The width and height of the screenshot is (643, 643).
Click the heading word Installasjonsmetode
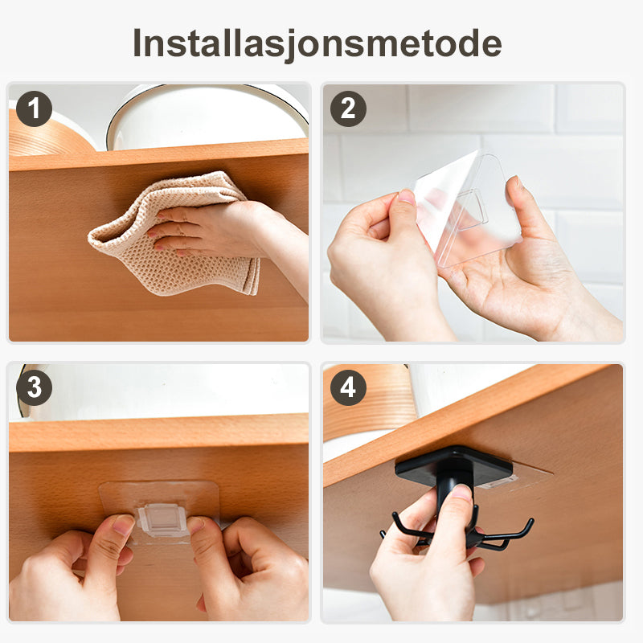(x=317, y=44)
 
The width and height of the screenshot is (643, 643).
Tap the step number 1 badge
(x=34, y=109)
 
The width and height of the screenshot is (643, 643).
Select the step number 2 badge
(x=348, y=109)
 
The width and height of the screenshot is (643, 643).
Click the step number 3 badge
(x=34, y=387)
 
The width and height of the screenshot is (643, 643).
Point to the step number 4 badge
(x=348, y=387)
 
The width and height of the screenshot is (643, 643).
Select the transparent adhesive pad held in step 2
(x=468, y=209)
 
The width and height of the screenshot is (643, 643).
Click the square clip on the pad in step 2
(x=472, y=209)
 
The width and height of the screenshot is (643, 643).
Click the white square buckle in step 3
(x=162, y=520)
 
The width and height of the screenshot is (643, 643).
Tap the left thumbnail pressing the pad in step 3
(x=123, y=524)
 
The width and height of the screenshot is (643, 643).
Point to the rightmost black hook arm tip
(x=531, y=521)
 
